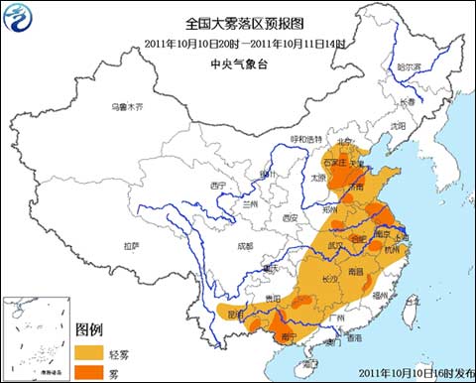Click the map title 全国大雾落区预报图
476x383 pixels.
click(x=237, y=23)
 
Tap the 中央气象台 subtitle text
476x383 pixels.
click(x=237, y=62)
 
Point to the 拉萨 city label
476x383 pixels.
click(x=131, y=244)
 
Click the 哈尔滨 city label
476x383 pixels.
click(x=411, y=67)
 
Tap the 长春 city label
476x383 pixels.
click(x=410, y=102)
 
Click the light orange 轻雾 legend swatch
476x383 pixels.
click(x=91, y=350)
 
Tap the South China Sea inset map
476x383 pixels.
click(x=34, y=337)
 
